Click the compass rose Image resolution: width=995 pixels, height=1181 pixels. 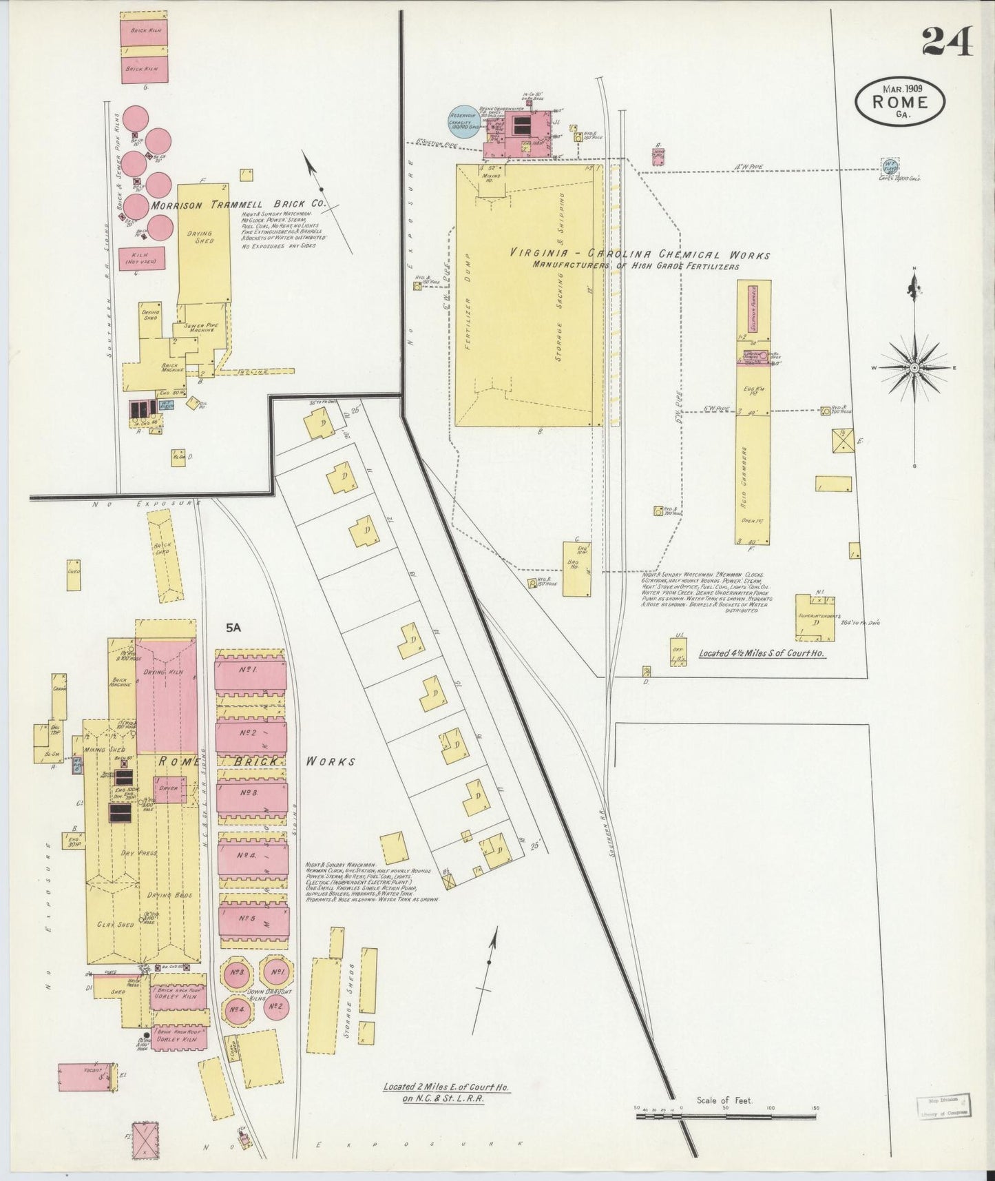pyautogui.click(x=914, y=368)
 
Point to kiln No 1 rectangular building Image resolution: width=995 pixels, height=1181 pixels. pyautogui.click(x=251, y=671)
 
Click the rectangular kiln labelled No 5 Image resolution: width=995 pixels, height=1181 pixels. pyautogui.click(x=252, y=918)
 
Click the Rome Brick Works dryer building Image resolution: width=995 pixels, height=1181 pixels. pyautogui.click(x=169, y=789)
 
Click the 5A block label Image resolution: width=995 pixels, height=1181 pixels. pyautogui.click(x=234, y=628)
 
